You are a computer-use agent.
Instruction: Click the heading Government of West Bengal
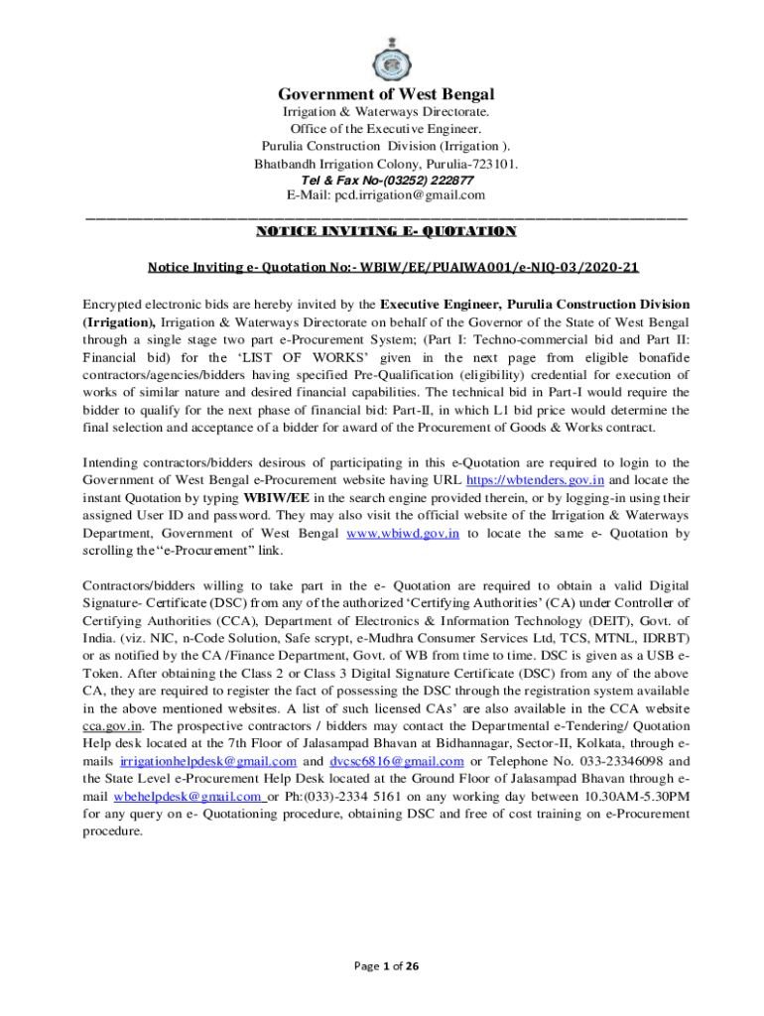click(x=385, y=94)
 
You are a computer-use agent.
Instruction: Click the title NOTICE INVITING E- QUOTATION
click(x=386, y=232)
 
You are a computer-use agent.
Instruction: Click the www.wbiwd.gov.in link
click(x=402, y=533)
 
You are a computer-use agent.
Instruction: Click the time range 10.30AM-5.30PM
click(x=625, y=797)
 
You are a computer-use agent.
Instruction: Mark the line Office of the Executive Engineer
click(x=385, y=129)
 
